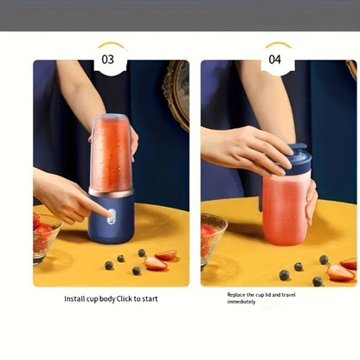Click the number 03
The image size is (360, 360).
point(108,60)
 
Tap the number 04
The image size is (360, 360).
point(274,60)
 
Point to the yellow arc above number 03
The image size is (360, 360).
point(112,44)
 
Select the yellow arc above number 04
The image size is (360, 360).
point(279,44)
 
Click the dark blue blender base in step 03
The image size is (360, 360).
point(111,219)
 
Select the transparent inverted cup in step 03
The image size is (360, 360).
point(111,152)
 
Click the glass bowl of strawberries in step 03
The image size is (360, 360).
point(46,238)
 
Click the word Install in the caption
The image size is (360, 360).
point(74,299)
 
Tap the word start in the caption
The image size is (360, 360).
point(150,299)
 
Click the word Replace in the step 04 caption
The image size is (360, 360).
point(235,295)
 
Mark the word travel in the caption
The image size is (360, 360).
point(288,295)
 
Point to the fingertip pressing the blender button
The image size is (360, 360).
point(109,214)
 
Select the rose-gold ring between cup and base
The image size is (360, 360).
point(111,193)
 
